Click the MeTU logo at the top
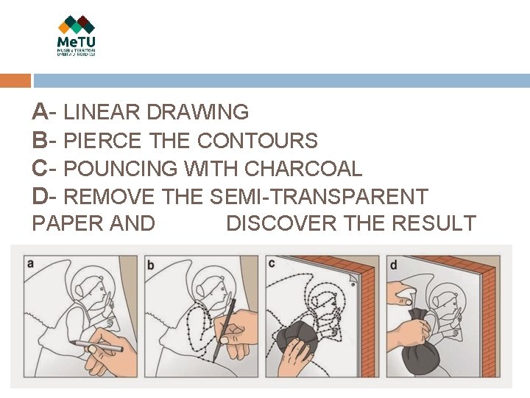point(77,35)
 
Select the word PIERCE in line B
point(103,141)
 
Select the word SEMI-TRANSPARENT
point(319,197)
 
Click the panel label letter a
point(29,263)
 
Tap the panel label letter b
point(151,265)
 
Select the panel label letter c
point(272,263)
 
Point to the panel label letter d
point(393,264)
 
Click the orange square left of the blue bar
point(15,81)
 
